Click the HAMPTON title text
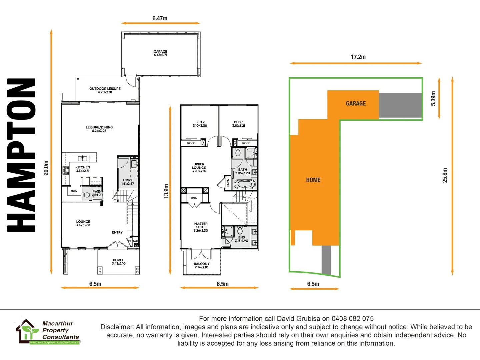point(21,155)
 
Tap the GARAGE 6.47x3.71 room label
point(160,53)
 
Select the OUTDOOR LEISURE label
point(105,90)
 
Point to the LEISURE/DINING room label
point(99,129)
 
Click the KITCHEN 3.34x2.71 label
point(83,169)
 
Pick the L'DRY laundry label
point(128,182)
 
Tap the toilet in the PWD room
point(87,195)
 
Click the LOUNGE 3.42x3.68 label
point(83,223)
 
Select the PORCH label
point(119,262)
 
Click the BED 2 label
point(200,124)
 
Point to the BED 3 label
point(239,124)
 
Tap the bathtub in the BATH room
point(245,184)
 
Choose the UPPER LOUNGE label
point(199,168)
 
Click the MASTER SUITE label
point(201,227)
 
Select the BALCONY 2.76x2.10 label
point(202,265)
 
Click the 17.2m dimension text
point(358,57)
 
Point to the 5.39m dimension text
point(433,98)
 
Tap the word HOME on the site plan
point(313,180)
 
